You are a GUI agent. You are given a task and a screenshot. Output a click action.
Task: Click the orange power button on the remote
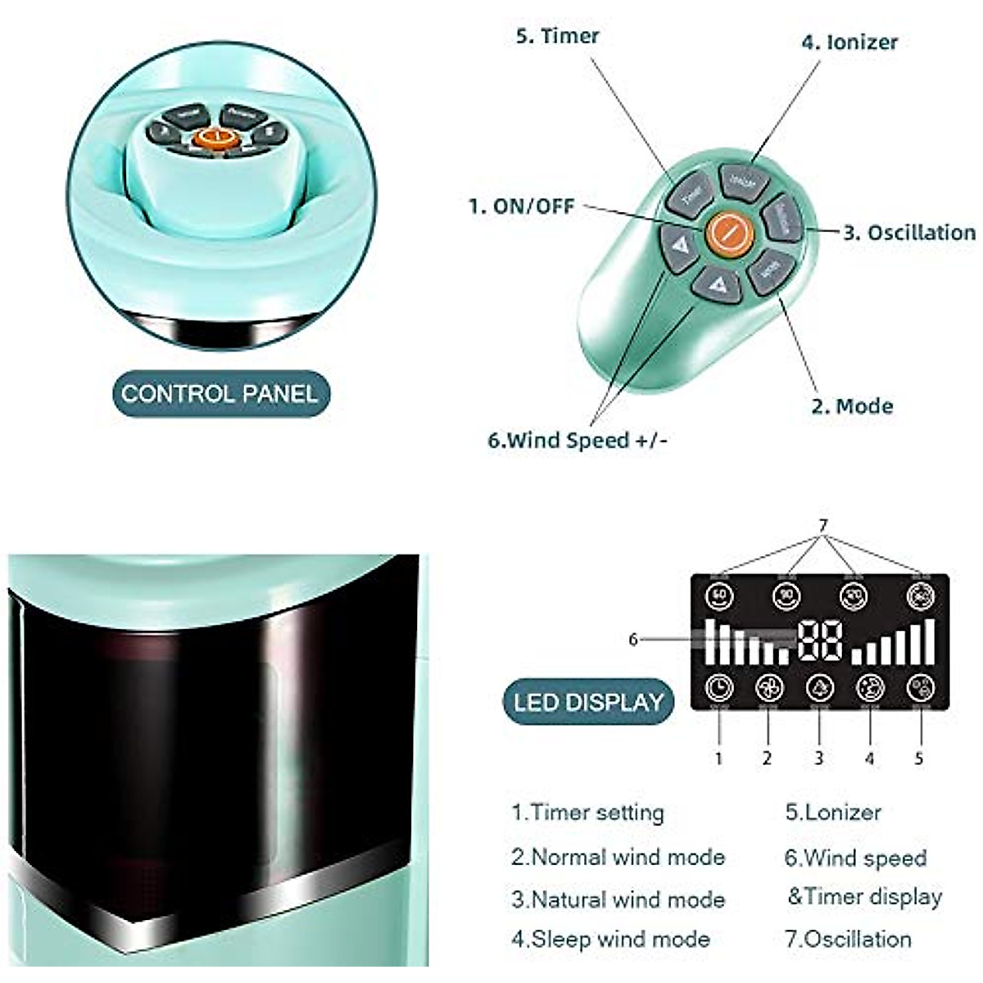tap(728, 233)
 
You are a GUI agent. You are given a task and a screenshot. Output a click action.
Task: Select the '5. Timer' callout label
tap(557, 36)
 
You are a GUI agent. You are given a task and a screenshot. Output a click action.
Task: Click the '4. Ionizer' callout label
tap(849, 42)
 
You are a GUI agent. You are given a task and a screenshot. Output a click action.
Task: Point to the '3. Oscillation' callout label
tap(909, 233)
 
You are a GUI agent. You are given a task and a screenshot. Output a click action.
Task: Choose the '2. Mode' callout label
tap(852, 406)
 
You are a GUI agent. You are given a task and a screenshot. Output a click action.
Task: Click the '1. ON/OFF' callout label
tap(521, 206)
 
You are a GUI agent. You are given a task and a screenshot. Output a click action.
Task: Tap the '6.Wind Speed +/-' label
tap(578, 441)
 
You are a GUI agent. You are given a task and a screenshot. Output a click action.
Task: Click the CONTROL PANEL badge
tap(220, 394)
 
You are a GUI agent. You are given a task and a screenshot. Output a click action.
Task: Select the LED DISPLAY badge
tap(588, 702)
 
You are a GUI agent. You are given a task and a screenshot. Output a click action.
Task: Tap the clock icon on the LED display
tap(719, 687)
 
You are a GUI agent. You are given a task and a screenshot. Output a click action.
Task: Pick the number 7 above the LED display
tap(823, 525)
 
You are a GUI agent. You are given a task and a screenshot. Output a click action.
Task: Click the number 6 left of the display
tap(632, 639)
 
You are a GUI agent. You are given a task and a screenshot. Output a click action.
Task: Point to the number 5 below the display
tap(919, 759)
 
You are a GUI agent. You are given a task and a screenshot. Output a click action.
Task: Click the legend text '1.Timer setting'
tap(587, 813)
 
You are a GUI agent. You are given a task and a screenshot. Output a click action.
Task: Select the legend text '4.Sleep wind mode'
tap(610, 939)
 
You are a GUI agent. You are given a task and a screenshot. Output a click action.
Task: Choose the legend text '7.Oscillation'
tap(848, 939)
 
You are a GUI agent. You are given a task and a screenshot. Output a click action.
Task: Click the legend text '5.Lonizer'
tap(832, 813)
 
